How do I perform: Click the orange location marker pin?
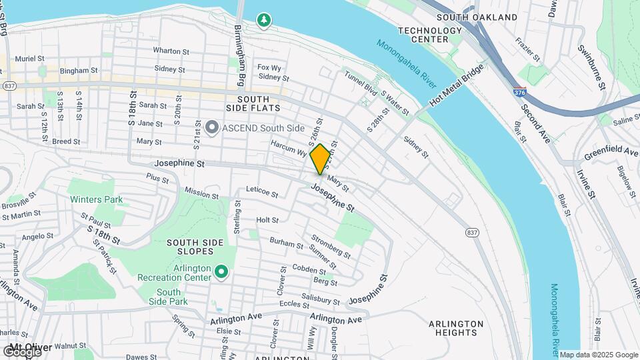tap(320, 159)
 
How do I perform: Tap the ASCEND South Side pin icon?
tap(212, 127)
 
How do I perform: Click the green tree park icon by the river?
tap(265, 21)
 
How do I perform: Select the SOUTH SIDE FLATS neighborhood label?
tap(243, 103)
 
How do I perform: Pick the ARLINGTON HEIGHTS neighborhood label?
tap(456, 329)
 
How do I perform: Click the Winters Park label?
tap(94, 199)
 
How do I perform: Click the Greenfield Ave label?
tap(611, 153)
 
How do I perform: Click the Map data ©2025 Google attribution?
tap(599, 355)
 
